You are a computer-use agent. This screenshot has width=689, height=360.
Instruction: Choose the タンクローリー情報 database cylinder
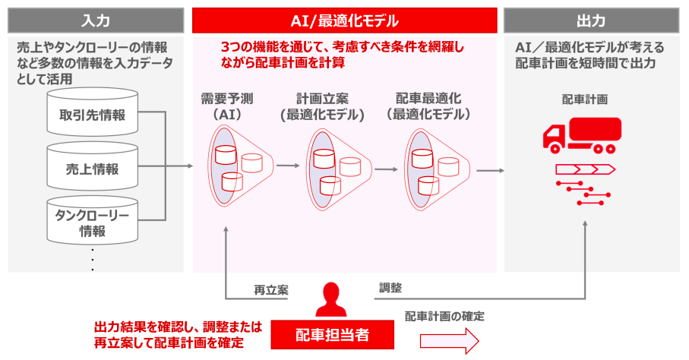point(92,222)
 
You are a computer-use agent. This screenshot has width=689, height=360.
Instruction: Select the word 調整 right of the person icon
point(390,288)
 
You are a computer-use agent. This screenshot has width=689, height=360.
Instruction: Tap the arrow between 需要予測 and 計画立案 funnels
point(288,166)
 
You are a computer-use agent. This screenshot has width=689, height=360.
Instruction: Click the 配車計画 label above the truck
point(584,99)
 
